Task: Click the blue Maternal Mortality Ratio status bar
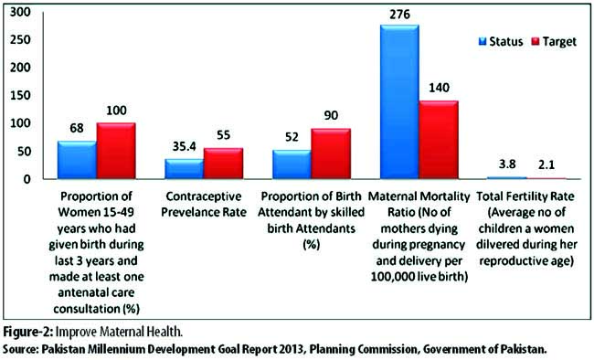coord(399,101)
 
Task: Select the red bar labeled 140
coord(439,140)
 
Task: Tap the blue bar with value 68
coord(77,160)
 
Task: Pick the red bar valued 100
coord(116,151)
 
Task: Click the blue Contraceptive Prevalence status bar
coord(185,169)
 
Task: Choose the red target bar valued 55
coord(224,164)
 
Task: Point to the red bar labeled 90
coord(331,154)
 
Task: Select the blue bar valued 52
coord(292,164)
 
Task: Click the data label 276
coord(399,15)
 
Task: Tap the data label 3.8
coord(507,164)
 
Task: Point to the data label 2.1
coord(546,164)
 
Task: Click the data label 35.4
coord(185,146)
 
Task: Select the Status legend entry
coord(501,41)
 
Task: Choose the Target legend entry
coord(554,42)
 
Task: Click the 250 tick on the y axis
coord(20,39)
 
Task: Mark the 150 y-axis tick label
coord(20,95)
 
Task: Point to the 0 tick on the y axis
coord(27,179)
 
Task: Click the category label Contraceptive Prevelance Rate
coord(204,204)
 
